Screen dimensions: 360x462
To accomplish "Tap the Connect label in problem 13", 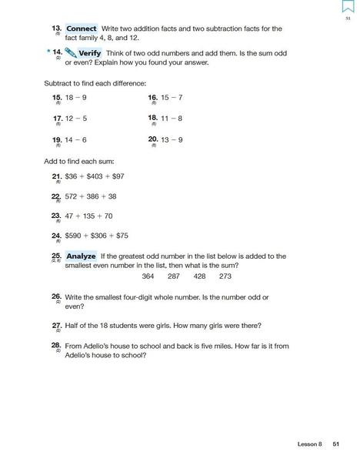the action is (x=81, y=28).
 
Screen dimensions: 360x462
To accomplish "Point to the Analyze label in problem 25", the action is (x=81, y=256).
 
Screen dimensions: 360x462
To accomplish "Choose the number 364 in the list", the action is (x=148, y=276).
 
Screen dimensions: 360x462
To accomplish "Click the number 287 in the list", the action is (x=174, y=276).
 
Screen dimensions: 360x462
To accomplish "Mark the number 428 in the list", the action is (x=199, y=276).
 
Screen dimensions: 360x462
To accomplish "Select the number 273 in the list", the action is (x=225, y=276).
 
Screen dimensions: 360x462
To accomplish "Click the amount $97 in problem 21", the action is (x=116, y=176).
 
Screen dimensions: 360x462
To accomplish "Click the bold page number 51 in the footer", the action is (x=335, y=444).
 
